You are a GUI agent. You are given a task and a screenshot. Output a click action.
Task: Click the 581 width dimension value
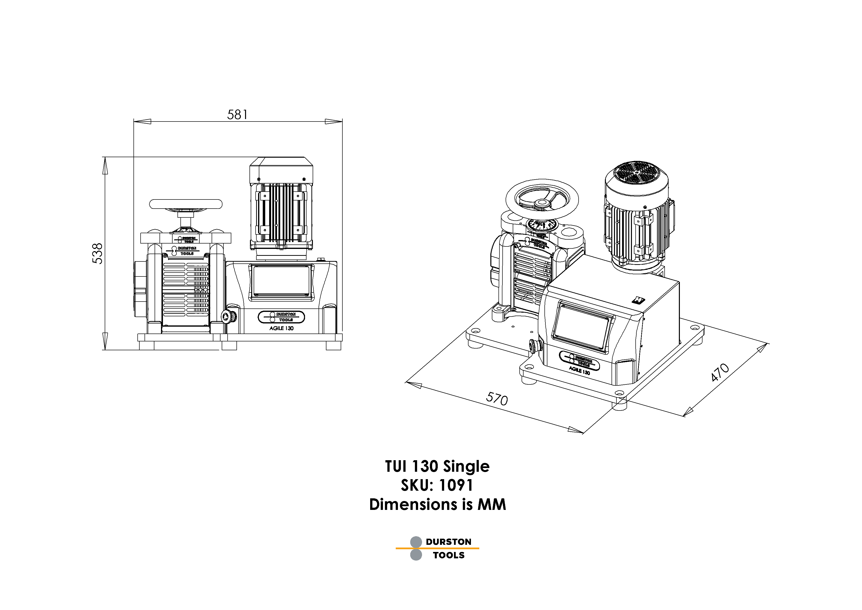click(x=237, y=115)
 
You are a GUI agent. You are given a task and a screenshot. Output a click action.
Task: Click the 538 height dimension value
click(x=97, y=254)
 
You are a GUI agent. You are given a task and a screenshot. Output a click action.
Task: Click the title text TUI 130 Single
click(x=437, y=467)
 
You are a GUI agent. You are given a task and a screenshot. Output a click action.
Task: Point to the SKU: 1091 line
click(x=437, y=485)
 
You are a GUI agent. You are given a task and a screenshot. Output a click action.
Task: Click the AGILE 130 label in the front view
click(x=281, y=328)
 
